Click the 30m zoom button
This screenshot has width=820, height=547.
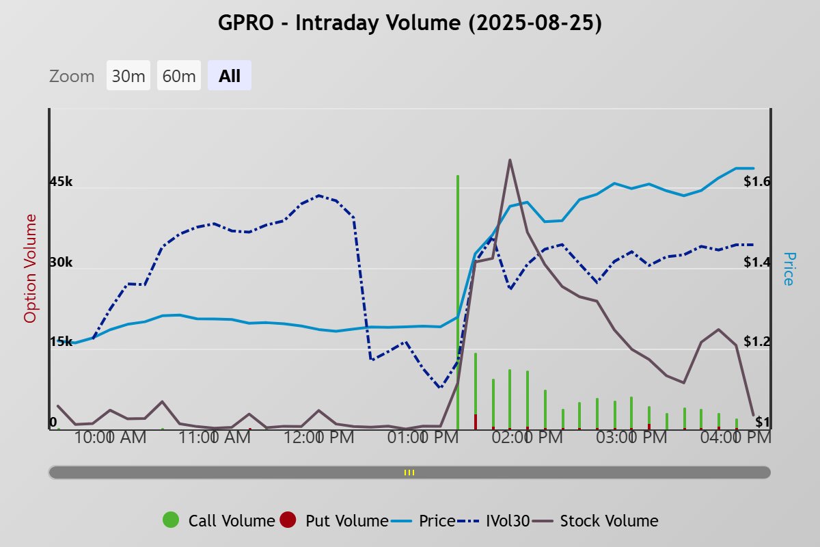click(128, 76)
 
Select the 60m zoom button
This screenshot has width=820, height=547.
click(179, 76)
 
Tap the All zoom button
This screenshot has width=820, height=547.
click(230, 76)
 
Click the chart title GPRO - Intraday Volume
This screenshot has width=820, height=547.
click(409, 23)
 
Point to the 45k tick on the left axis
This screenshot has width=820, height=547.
click(61, 182)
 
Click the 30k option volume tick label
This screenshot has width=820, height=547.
click(61, 263)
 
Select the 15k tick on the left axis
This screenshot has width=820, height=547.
click(61, 342)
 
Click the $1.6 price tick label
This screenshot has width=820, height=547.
click(757, 182)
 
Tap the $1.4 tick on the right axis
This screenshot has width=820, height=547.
click(757, 263)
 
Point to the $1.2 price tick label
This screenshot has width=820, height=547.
click(757, 342)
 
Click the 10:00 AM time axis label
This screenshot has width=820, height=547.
click(111, 438)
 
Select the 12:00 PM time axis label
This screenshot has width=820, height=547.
click(320, 438)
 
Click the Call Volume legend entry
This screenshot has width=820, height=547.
click(219, 521)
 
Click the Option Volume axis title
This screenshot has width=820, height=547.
click(30, 268)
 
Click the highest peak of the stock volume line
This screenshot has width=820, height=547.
click(510, 160)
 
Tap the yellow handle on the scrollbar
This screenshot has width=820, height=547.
click(409, 472)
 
